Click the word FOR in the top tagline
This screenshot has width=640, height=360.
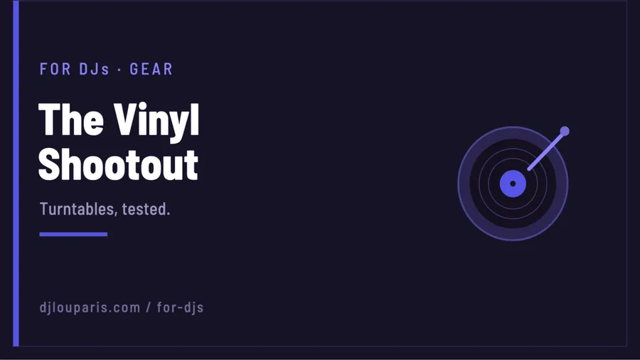click(x=55, y=69)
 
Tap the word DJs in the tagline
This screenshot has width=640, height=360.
click(x=95, y=69)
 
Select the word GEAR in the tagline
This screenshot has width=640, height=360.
click(x=151, y=69)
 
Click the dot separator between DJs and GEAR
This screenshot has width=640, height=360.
click(x=119, y=70)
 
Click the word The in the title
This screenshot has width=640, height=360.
click(x=71, y=120)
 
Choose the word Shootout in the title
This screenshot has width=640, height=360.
click(x=118, y=164)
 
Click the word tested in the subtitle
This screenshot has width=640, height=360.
click(x=146, y=209)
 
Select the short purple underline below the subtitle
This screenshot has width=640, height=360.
click(x=73, y=234)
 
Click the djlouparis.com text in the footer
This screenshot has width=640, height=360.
click(x=90, y=307)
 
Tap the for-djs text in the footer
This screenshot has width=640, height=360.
click(x=180, y=307)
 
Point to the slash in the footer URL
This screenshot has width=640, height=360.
click(x=149, y=307)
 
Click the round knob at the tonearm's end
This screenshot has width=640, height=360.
click(x=565, y=131)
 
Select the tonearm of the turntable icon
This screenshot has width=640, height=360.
click(x=547, y=150)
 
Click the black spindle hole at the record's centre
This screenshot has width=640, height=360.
click(x=513, y=184)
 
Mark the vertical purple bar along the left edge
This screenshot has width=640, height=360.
click(x=16, y=173)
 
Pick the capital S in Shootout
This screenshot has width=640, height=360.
click(x=48, y=164)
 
